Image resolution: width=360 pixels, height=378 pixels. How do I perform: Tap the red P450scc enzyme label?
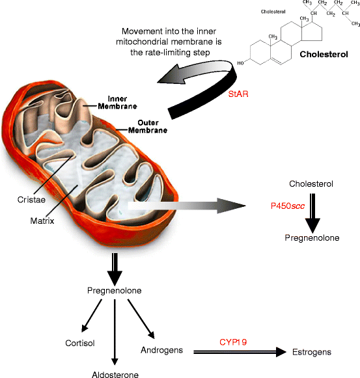pos(288,206)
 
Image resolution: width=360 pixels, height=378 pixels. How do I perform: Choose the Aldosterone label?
pos(115,373)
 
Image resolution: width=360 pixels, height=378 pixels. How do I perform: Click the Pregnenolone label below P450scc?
pos(312,238)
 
